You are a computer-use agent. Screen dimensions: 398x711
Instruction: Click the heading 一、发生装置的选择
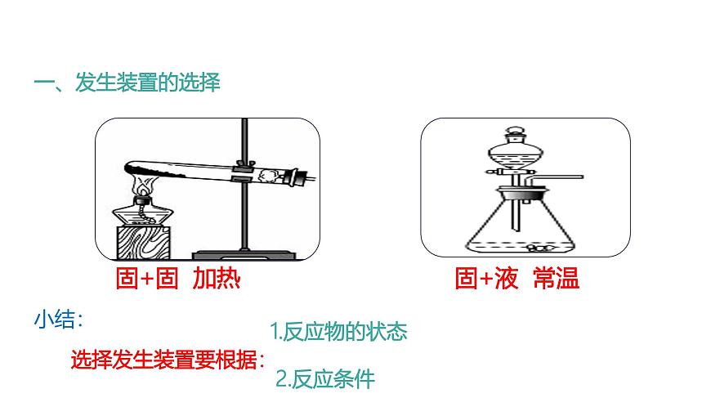click(127, 83)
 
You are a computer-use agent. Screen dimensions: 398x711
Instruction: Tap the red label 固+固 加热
click(177, 279)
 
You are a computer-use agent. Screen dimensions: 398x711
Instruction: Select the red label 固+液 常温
click(516, 279)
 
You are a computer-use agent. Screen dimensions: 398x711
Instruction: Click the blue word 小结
click(58, 320)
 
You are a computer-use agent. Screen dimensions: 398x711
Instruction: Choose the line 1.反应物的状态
click(338, 331)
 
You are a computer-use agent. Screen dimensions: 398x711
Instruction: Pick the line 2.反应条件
click(324, 379)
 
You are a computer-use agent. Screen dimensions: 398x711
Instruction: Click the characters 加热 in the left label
click(216, 279)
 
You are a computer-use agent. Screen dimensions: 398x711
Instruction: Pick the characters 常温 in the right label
click(555, 279)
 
